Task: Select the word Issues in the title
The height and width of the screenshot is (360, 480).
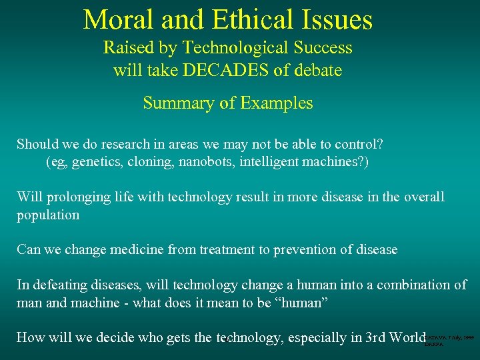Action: [x=339, y=20]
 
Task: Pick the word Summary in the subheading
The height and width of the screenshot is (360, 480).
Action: [x=172, y=103]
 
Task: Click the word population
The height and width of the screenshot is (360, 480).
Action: [x=48, y=215]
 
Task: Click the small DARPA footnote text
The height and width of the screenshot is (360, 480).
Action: [x=434, y=345]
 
